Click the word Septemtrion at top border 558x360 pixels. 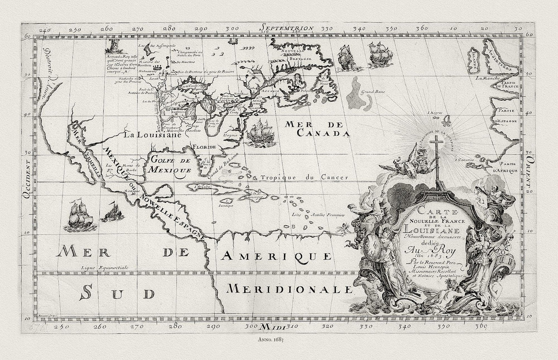[x=286, y=28]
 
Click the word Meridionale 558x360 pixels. [x=290, y=289]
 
